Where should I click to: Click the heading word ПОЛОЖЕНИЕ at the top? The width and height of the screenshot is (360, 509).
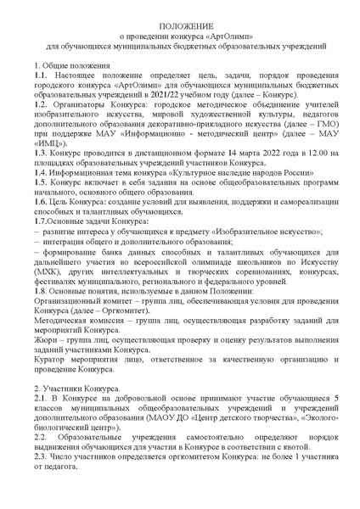[x=179, y=29]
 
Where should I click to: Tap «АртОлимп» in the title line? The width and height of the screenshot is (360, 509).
[x=235, y=39]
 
